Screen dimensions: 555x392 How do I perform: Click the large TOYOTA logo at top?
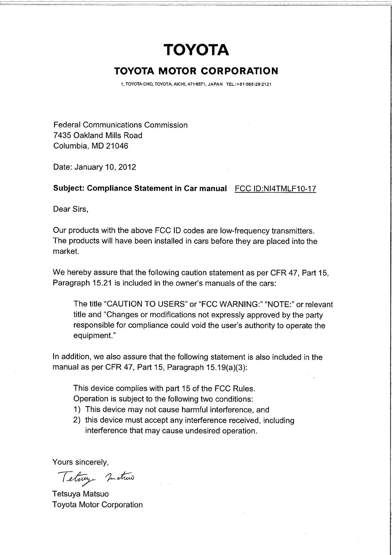[196, 50]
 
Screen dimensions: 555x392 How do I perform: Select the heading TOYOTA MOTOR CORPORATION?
[196, 71]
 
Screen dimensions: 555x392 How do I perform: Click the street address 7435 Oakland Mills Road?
[98, 135]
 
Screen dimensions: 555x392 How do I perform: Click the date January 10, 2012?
[105, 167]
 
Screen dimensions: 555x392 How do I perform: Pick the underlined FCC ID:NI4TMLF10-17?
[276, 189]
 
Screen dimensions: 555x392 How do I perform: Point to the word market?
[66, 252]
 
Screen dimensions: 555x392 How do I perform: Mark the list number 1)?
[77, 410]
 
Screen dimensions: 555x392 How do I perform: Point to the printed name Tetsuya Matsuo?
[80, 494]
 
